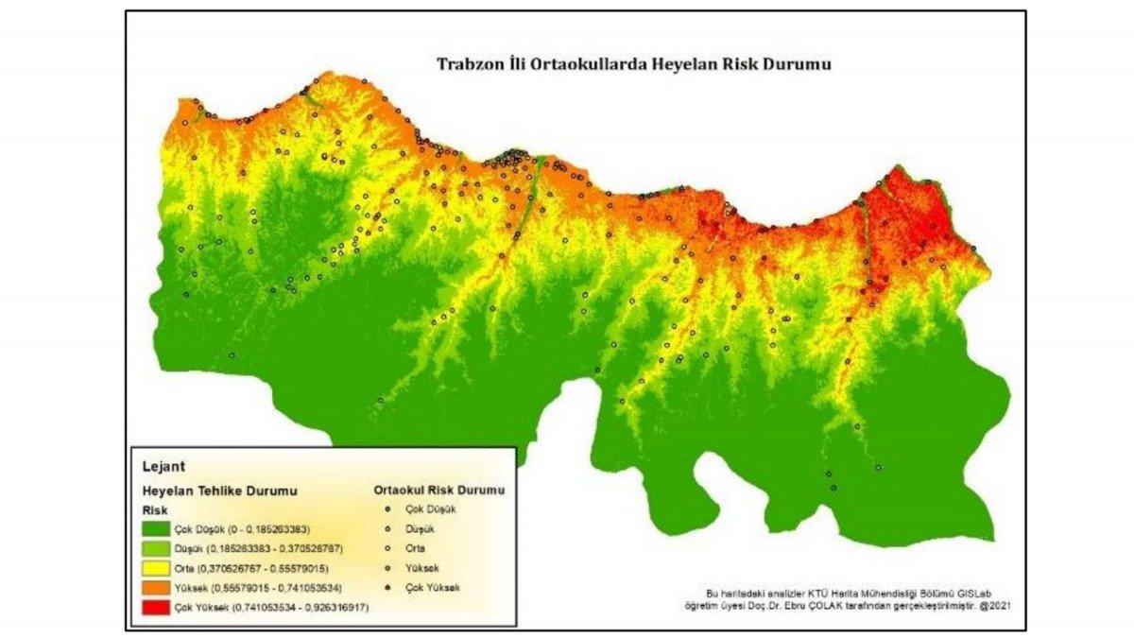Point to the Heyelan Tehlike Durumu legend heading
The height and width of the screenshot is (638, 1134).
point(219,491)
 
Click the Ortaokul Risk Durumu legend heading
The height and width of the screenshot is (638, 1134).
point(438,491)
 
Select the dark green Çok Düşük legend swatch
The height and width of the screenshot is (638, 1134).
point(156,528)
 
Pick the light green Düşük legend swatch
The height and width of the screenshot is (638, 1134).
point(156,548)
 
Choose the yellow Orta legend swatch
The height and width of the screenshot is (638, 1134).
point(156,567)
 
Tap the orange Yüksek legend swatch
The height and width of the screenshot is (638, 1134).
point(156,587)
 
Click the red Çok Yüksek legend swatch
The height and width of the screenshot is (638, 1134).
point(156,607)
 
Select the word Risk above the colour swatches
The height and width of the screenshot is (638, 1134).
point(154,509)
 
